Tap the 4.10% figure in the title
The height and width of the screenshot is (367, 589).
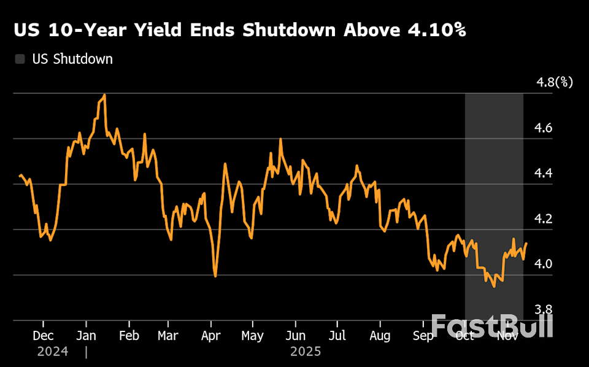tap(434, 31)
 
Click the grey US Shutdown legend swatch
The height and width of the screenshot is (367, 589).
tap(20, 60)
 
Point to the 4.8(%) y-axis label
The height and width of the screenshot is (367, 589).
tap(554, 82)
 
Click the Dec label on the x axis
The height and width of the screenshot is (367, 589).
tap(43, 336)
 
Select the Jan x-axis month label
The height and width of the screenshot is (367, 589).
tap(86, 336)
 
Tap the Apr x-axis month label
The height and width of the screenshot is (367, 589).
tap(211, 336)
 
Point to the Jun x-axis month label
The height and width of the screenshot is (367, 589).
tap(296, 336)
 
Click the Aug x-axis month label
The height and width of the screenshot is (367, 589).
tap(380, 336)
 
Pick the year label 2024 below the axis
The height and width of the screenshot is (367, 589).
tap(53, 352)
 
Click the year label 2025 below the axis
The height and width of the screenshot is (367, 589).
tap(306, 352)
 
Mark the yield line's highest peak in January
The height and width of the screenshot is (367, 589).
tap(105, 95)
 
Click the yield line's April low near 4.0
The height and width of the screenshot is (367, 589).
tap(215, 276)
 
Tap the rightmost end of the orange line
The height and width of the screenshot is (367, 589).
tap(526, 244)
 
